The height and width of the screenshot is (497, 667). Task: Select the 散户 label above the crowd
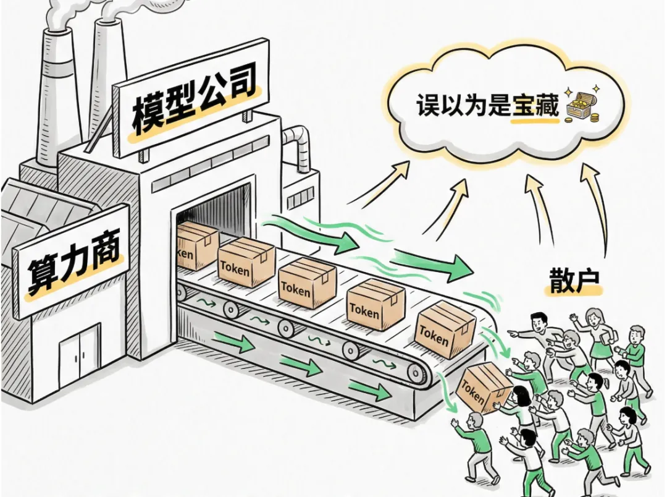tap(575, 281)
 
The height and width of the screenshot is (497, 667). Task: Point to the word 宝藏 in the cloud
tap(535, 106)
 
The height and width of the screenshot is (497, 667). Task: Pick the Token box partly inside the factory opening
tap(196, 245)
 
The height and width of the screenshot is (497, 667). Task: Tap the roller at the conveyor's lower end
tap(419, 372)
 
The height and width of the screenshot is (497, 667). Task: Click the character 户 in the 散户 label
tap(590, 281)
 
